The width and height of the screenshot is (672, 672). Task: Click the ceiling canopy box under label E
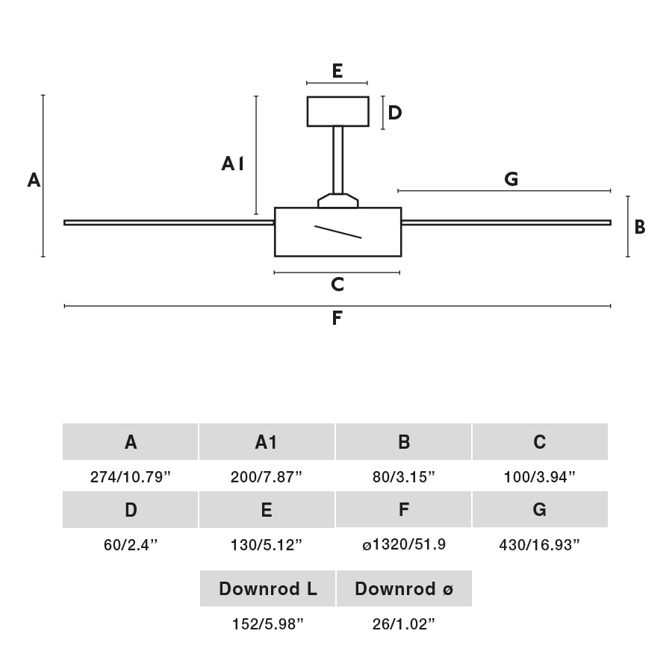pos(337,111)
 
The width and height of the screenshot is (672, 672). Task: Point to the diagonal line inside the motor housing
pos(338,231)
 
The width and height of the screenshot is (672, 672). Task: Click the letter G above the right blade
pos(511,178)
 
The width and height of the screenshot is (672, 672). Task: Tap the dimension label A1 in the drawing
pos(233,164)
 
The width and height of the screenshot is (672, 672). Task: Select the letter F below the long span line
pos(337,319)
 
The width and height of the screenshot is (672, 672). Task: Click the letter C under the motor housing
pos(337,284)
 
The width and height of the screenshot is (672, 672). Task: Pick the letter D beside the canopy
pos(395,113)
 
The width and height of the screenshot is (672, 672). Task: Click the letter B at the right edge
pos(640,227)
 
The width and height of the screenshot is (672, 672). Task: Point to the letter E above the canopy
pos(337,72)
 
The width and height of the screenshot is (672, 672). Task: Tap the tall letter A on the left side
pos(34,180)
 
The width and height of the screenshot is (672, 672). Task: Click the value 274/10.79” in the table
pos(131,477)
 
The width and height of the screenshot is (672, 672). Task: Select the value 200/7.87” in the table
pos(267,477)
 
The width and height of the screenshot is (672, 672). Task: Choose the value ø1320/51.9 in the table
pos(404,544)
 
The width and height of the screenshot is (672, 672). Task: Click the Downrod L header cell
pos(267,589)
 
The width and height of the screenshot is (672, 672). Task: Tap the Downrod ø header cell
pos(404,589)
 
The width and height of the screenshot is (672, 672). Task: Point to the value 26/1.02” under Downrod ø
pos(404,624)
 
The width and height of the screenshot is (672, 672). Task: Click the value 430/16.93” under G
pos(540,544)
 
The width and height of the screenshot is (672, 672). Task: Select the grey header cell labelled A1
pos(267,442)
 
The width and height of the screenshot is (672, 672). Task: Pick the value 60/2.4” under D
pos(131,544)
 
